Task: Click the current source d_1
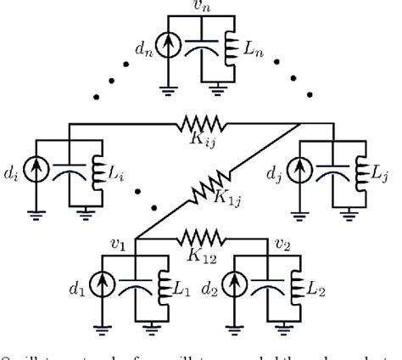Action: pos(108,288)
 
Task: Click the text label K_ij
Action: pos(201,142)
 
